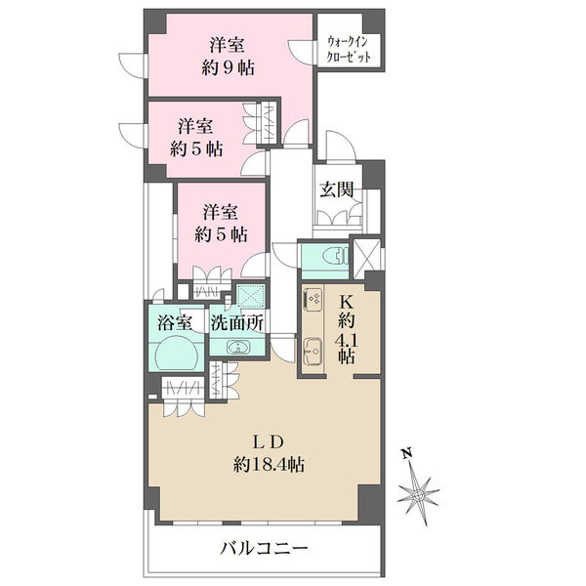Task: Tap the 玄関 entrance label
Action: pos(335,188)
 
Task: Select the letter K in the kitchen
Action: pos(346,302)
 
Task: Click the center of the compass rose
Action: pos(419,496)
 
